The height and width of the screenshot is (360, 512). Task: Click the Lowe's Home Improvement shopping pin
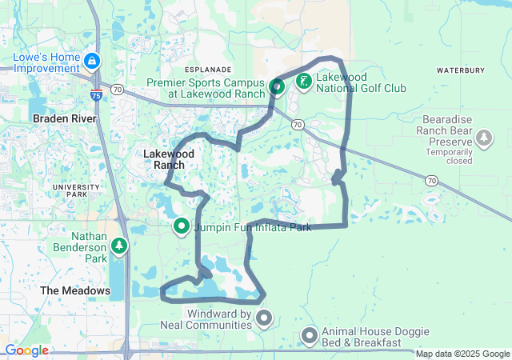(93, 61)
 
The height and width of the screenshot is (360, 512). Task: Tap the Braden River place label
(64, 118)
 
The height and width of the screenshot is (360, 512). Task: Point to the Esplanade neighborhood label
(207, 70)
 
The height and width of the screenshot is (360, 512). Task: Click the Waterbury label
(461, 70)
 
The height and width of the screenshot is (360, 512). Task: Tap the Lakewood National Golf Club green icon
(304, 80)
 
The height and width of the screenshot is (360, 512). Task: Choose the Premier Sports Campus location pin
(277, 87)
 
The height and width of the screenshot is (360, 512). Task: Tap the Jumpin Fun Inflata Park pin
(181, 227)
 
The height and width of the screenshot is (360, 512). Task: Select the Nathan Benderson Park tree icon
(119, 245)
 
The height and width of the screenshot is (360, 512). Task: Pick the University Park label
(76, 190)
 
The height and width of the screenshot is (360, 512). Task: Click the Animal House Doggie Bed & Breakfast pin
(310, 336)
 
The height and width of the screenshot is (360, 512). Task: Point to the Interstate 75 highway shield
(96, 96)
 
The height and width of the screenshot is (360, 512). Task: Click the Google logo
(26, 350)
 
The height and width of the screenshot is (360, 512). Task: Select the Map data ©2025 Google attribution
(462, 354)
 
